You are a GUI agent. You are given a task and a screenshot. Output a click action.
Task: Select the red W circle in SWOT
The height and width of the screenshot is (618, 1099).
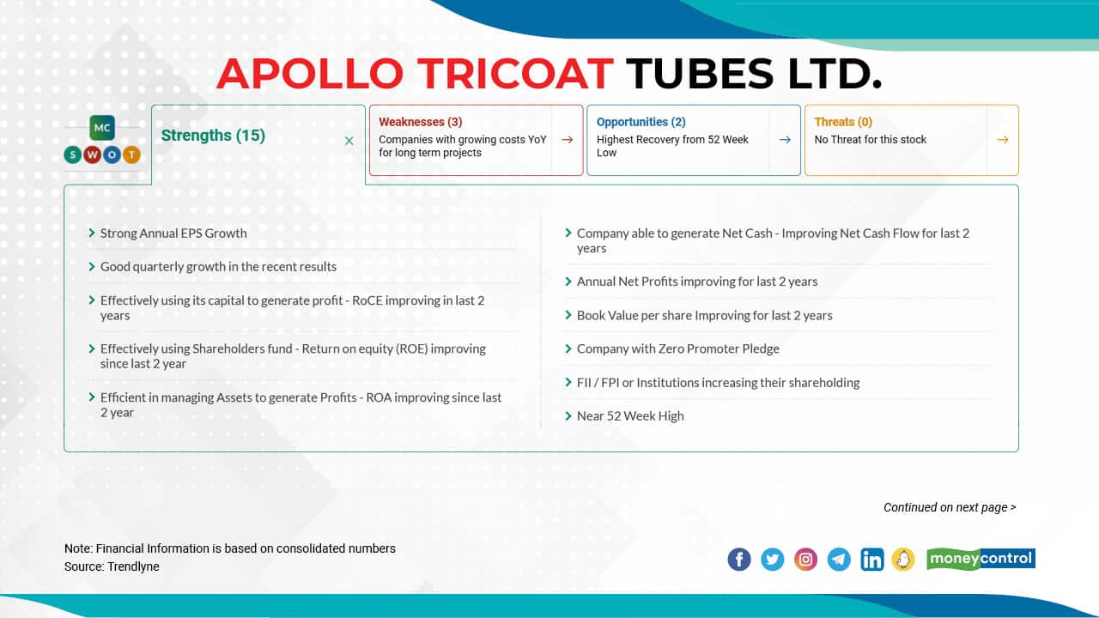coord(92,154)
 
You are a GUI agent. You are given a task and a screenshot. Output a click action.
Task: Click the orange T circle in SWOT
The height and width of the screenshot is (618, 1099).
coord(131,154)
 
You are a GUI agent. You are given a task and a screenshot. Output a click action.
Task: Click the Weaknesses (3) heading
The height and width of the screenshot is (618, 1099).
coord(420,122)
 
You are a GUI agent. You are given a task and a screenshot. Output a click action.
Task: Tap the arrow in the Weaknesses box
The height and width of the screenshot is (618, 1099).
coord(567,140)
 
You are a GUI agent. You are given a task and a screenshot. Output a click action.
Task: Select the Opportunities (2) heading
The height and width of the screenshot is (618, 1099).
coord(641,122)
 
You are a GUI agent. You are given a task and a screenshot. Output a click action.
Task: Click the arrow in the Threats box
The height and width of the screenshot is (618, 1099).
coord(1002,140)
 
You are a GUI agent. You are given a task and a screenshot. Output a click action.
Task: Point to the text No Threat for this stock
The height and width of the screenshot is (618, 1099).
coord(870,139)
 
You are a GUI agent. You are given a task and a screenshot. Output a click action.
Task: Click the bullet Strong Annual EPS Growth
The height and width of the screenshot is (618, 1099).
coord(173,233)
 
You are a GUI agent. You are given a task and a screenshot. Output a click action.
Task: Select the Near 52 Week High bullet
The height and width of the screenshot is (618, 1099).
coord(630,415)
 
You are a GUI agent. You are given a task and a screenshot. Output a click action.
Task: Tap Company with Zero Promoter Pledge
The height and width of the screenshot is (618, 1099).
coord(677,348)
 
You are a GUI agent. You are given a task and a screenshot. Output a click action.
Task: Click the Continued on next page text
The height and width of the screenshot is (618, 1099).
coord(949,507)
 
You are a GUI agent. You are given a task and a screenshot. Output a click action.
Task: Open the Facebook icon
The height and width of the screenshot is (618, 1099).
coord(739,560)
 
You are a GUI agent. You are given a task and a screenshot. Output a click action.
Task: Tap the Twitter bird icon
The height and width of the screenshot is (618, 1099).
coord(773,560)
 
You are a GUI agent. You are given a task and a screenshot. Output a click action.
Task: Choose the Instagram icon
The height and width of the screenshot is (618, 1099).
coord(805,560)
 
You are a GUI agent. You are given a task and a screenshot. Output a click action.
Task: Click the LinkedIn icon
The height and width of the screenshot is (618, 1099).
coord(871,560)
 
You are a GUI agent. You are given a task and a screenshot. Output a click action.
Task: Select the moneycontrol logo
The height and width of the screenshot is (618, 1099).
coord(981,560)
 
